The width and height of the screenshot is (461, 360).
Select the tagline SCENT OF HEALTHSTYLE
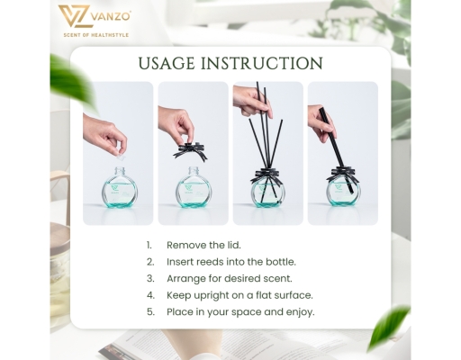[96, 34]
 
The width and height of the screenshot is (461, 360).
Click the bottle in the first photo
[117, 188]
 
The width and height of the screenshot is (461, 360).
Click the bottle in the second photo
[193, 190]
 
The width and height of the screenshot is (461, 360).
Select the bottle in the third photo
[267, 190]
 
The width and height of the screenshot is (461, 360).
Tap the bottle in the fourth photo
[343, 190]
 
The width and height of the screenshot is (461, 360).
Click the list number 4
[149, 295]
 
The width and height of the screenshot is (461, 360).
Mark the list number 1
[149, 245]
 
